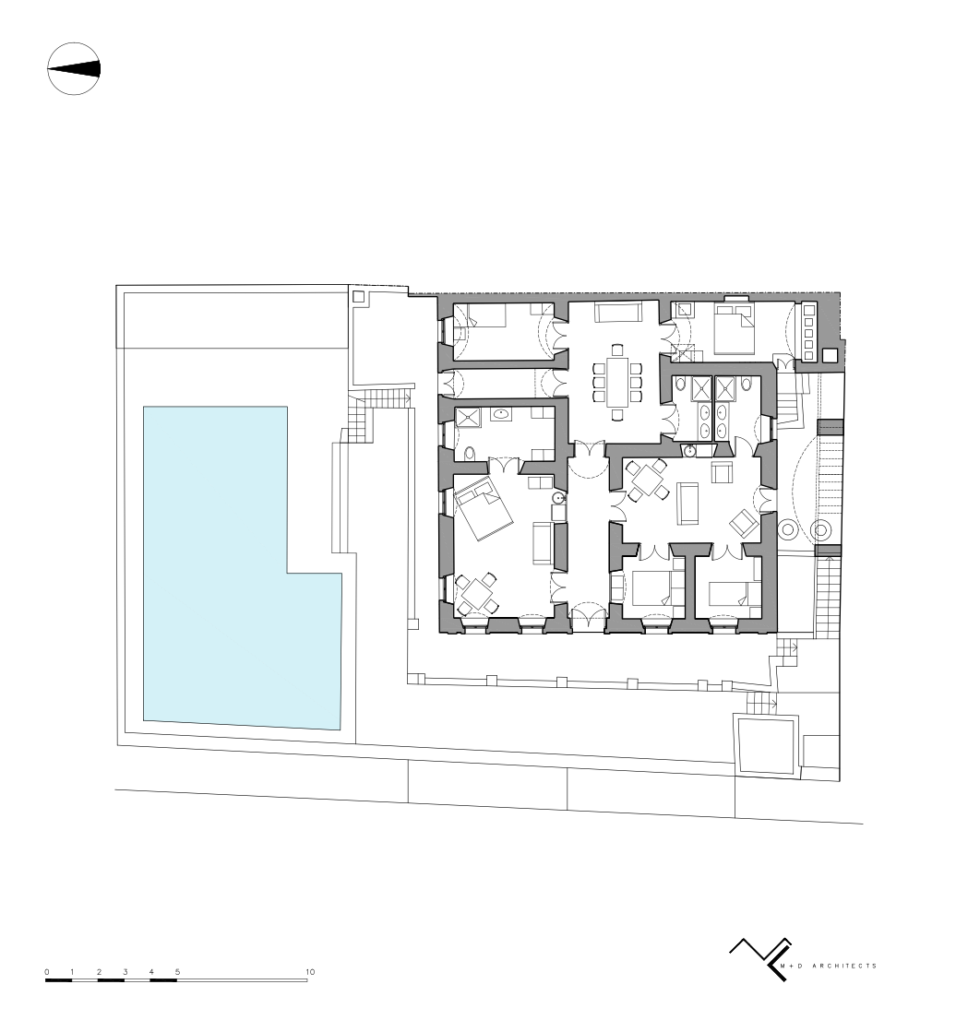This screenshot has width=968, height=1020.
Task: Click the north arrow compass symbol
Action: pyautogui.click(x=74, y=69)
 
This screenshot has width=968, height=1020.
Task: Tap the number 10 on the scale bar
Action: pyautogui.click(x=310, y=972)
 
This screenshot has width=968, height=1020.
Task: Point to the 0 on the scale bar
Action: pyautogui.click(x=47, y=972)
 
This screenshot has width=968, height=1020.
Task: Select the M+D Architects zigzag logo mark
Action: pyautogui.click(x=760, y=957)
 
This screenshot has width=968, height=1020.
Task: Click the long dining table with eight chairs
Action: pyautogui.click(x=617, y=382)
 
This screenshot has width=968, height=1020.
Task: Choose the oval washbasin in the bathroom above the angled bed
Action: pyautogui.click(x=501, y=413)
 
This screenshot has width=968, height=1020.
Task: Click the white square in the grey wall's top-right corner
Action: pyautogui.click(x=830, y=355)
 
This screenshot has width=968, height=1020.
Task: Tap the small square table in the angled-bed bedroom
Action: pyautogui.click(x=476, y=593)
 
